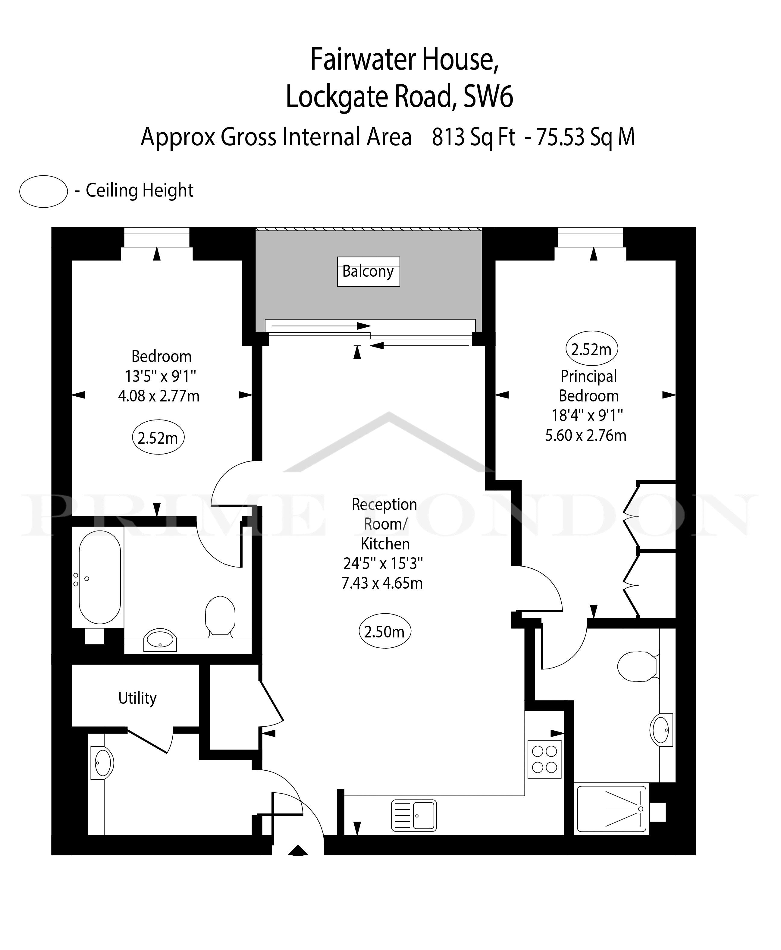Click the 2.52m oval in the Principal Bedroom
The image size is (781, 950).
coord(591,349)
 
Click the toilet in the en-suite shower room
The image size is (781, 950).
coord(638,666)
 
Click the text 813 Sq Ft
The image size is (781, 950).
coord(473,137)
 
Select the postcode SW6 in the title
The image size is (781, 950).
coord(488,96)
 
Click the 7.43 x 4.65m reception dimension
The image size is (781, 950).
coord(382,583)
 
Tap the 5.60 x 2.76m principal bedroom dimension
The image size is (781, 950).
coord(586,435)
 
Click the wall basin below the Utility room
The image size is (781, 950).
coord(102,762)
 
